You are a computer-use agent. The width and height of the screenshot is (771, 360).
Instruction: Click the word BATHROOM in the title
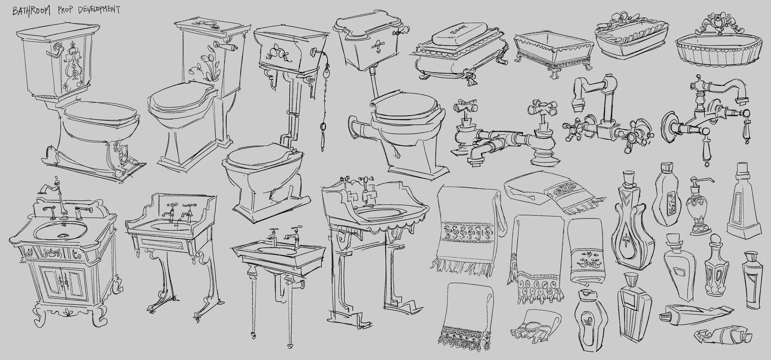pyautogui.click(x=31, y=10)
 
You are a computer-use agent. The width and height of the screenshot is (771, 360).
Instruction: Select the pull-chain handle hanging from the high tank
pyautogui.click(x=322, y=135)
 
